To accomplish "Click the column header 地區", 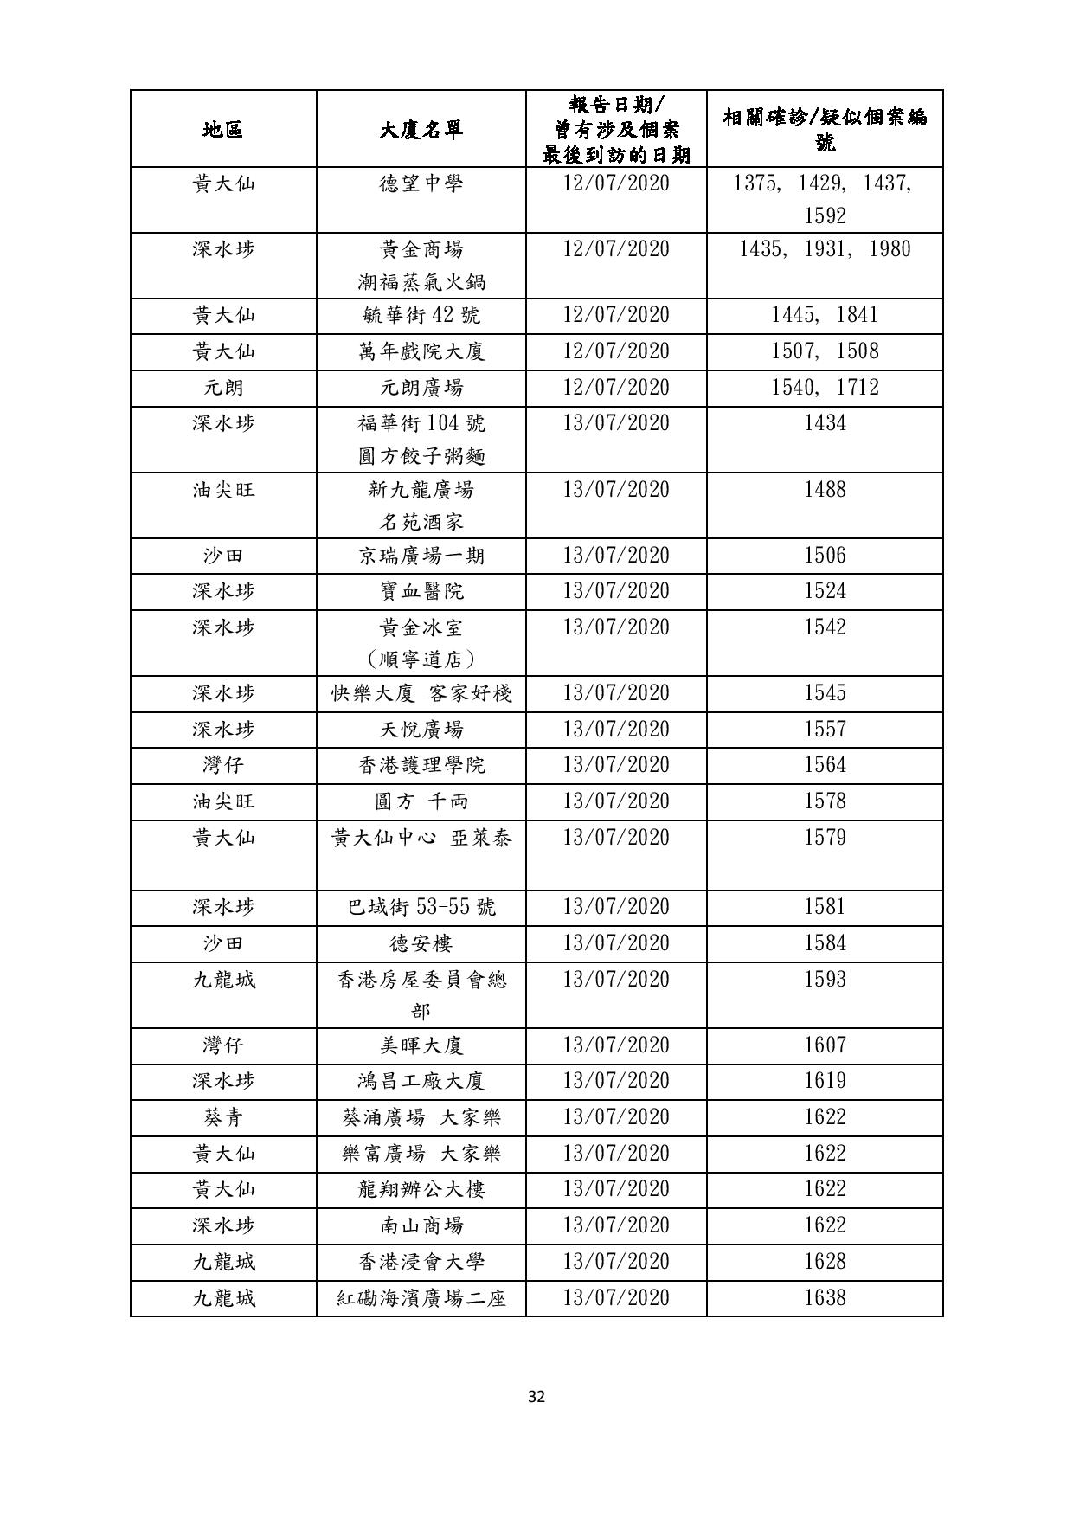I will pyautogui.click(x=223, y=130).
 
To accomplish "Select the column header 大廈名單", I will pyautogui.click(x=421, y=130).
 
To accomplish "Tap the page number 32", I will pyautogui.click(x=536, y=1396).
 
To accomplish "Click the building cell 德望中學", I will pyautogui.click(x=421, y=183).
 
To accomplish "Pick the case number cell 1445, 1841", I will pyautogui.click(x=825, y=315).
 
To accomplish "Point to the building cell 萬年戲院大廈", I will pyautogui.click(x=421, y=351).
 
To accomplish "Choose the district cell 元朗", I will pyautogui.click(x=223, y=388).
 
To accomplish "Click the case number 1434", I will pyautogui.click(x=825, y=423).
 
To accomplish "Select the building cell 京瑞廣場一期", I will pyautogui.click(x=421, y=556).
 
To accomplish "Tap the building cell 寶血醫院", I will pyautogui.click(x=421, y=591).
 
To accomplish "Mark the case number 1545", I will pyautogui.click(x=825, y=693).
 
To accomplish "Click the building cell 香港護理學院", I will pyautogui.click(x=421, y=765).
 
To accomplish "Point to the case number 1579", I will pyautogui.click(x=825, y=838).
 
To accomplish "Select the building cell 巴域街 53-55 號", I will pyautogui.click(x=421, y=907).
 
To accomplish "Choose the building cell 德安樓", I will pyautogui.click(x=421, y=943).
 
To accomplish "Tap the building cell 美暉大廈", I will pyautogui.click(x=421, y=1045).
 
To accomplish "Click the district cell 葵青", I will pyautogui.click(x=223, y=1117).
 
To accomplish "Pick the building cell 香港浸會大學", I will pyautogui.click(x=421, y=1262).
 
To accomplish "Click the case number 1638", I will pyautogui.click(x=825, y=1298).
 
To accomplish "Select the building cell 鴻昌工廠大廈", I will pyautogui.click(x=421, y=1081).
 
